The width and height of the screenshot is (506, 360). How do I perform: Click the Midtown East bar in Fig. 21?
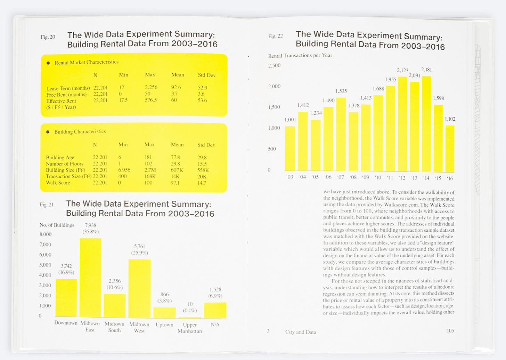(90, 278)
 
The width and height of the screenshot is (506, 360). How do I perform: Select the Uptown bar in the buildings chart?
(164, 312)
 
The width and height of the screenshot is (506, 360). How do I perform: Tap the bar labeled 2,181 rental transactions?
(426, 124)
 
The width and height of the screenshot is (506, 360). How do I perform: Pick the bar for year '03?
(290, 149)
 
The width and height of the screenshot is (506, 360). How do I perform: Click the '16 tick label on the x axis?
(450, 178)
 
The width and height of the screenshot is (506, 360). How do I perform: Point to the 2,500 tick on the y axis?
(274, 65)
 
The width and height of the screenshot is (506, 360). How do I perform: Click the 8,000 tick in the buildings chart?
(46, 234)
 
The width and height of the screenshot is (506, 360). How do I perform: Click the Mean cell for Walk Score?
(175, 183)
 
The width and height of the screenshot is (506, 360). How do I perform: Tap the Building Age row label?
(60, 158)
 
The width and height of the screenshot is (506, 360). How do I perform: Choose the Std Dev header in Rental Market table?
(206, 75)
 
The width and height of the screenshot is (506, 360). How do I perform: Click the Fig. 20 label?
(48, 37)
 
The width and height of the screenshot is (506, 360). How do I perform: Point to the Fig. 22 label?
(276, 36)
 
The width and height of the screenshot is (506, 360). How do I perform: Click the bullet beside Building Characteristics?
(48, 132)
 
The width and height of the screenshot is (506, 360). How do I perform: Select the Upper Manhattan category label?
(190, 328)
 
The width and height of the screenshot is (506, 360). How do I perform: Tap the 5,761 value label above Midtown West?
(139, 246)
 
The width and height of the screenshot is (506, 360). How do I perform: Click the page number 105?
(450, 331)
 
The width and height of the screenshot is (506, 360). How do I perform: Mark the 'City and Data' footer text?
(301, 332)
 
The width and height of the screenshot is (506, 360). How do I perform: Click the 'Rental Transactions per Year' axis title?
(300, 56)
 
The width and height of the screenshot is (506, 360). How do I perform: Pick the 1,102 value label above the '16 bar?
(450, 119)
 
